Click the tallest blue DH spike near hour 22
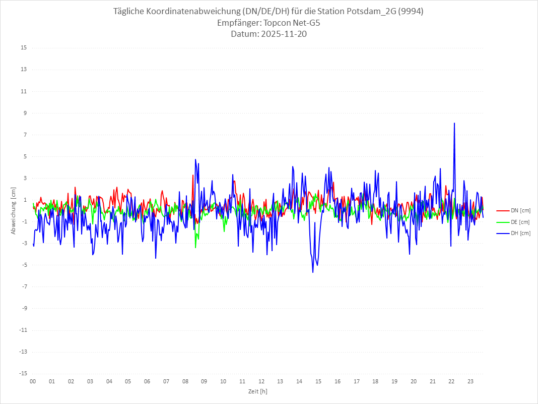point(454,123)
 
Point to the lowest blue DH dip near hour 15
point(313,272)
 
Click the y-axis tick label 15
point(24,48)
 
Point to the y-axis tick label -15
point(23,373)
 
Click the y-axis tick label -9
point(24,308)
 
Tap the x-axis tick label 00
point(33,382)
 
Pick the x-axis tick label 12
point(261,382)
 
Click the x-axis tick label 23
point(470,382)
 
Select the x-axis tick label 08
point(185,382)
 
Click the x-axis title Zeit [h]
point(257,391)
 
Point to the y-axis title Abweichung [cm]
point(14,211)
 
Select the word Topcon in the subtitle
point(281,23)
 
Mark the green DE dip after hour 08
point(195,247)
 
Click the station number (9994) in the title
point(411,12)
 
